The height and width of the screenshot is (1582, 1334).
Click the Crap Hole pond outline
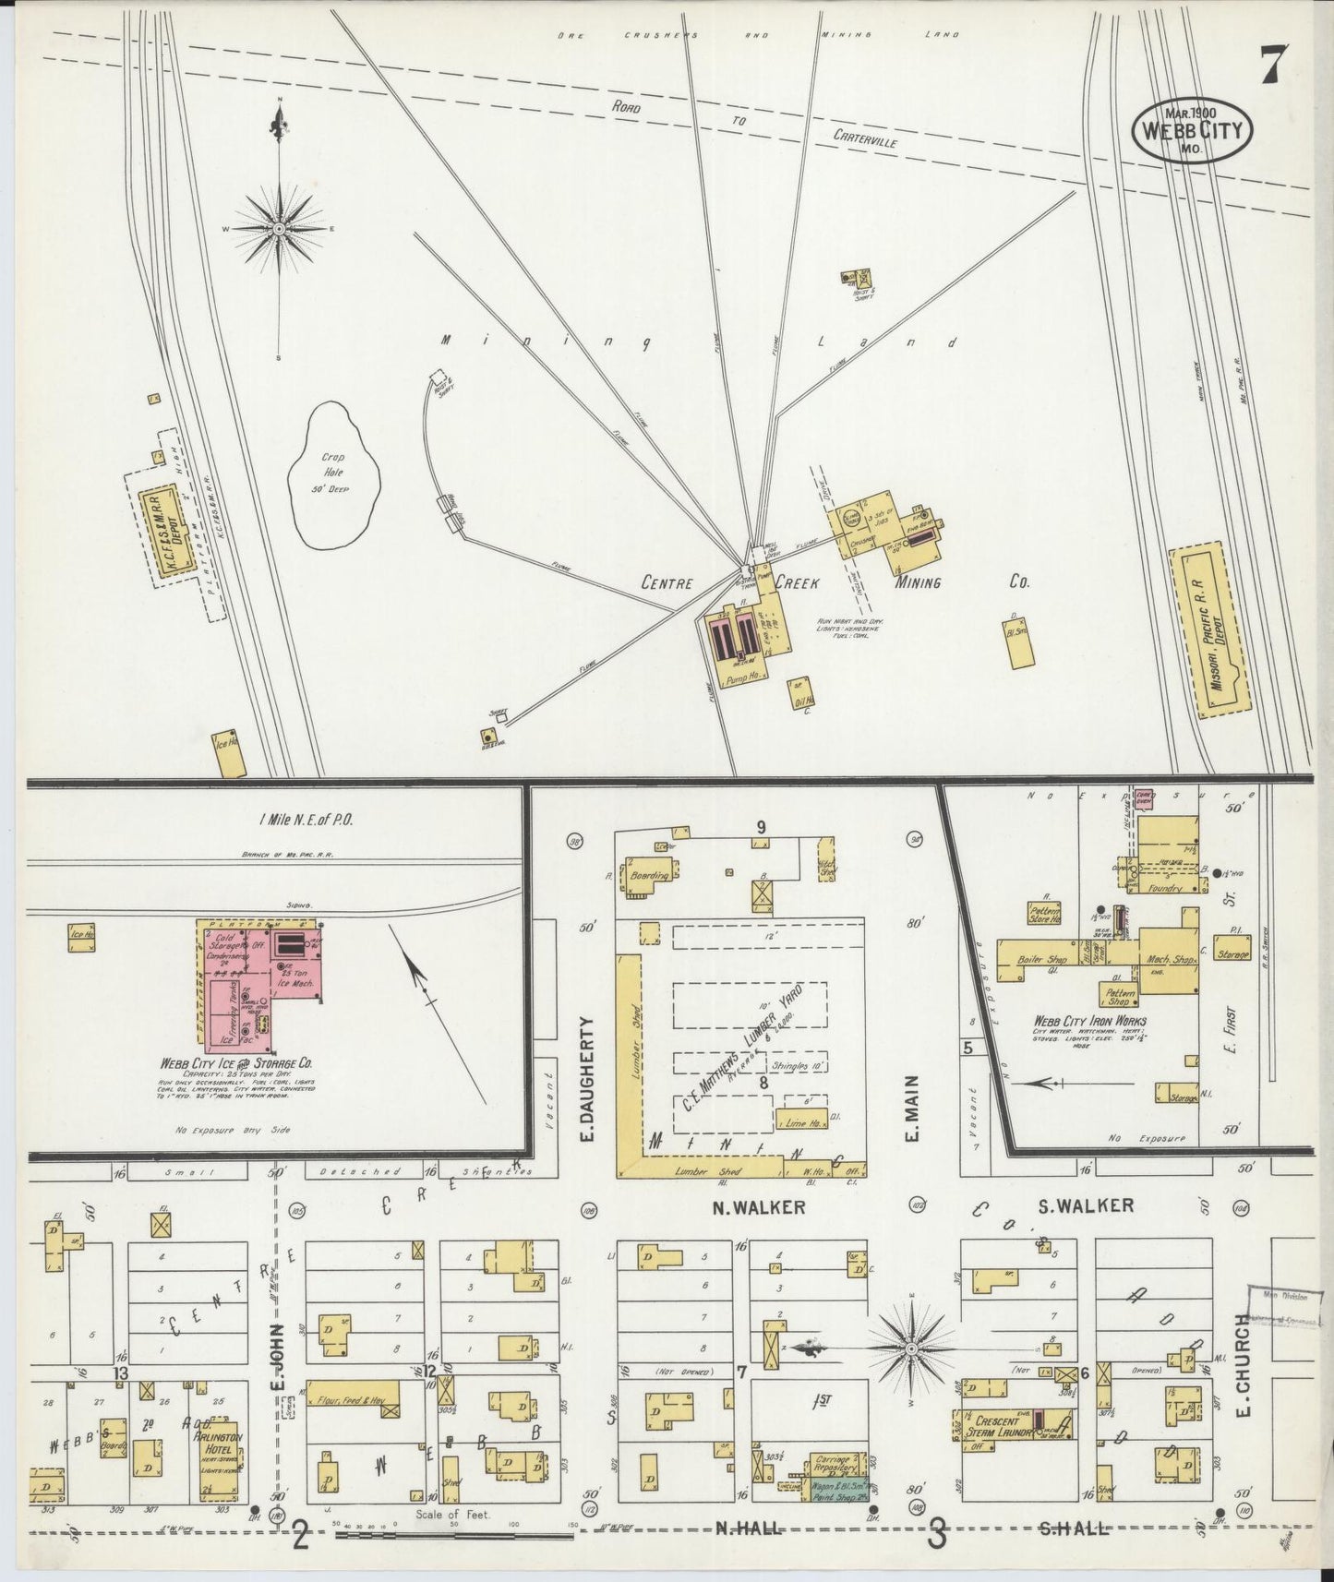click(333, 476)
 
